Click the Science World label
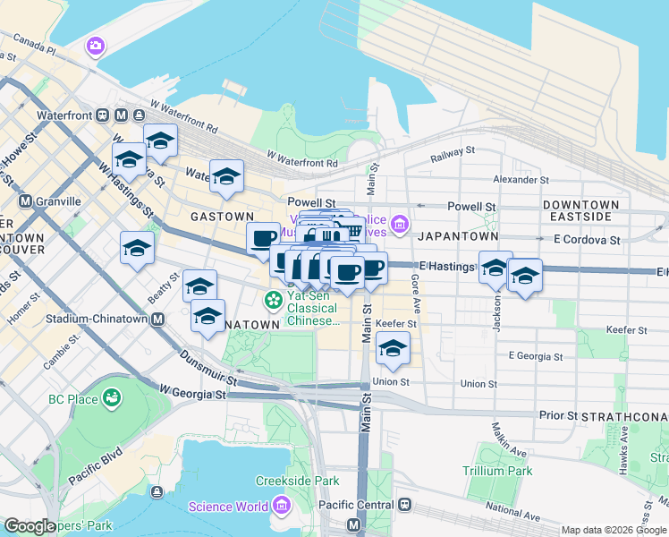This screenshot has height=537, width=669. tap(227, 507)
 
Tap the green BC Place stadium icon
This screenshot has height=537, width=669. tap(112, 396)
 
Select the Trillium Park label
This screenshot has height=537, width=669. tap(497, 471)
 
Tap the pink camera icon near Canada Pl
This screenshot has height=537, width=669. tap(96, 46)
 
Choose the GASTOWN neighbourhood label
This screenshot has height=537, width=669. tap(222, 217)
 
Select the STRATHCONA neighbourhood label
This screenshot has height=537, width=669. tap(623, 418)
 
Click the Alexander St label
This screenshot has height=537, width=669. tap(521, 180)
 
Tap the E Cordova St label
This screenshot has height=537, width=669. tap(587, 240)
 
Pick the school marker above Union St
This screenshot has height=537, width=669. tap(393, 348)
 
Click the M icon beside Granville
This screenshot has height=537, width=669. tap(25, 201)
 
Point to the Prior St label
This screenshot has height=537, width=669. tap(558, 416)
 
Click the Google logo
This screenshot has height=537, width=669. tap(30, 526)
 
